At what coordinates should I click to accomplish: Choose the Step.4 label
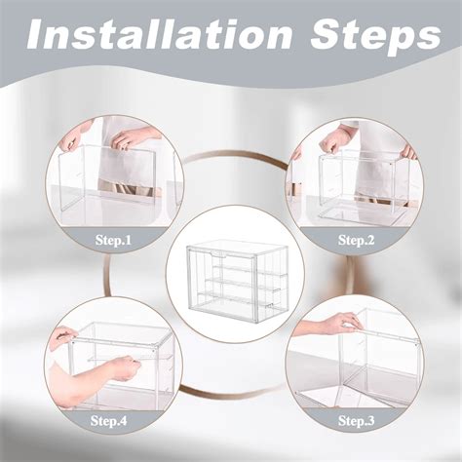click(x=109, y=420)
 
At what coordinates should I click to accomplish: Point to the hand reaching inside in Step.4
click(x=123, y=368)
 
